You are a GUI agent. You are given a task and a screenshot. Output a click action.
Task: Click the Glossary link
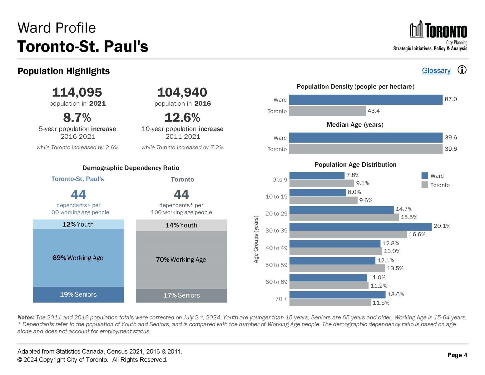[436, 71]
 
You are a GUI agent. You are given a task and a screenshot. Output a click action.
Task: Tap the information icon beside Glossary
[462, 70]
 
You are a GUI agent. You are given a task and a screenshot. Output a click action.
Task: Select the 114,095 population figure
[77, 92]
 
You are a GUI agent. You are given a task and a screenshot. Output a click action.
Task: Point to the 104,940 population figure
[182, 92]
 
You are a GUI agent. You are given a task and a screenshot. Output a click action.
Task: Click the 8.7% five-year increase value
[77, 117]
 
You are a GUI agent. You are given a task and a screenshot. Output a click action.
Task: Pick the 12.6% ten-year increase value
[182, 117]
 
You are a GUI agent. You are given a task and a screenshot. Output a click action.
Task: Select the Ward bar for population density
[365, 100]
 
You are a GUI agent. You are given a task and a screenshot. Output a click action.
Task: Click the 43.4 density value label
[374, 111]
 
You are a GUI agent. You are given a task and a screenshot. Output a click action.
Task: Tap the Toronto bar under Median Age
[365, 149]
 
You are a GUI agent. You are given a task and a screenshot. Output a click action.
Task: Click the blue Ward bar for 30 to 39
[360, 227]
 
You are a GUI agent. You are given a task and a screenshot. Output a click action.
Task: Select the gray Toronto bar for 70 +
[330, 302]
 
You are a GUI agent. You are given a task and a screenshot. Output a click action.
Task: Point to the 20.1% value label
[442, 226]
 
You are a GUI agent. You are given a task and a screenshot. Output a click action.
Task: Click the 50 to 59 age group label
[276, 265]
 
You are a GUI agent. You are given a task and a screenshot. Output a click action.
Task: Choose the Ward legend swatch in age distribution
[424, 176]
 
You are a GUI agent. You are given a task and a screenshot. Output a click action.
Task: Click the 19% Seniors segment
[78, 294]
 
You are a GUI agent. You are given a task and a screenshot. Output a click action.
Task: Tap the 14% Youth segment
[181, 225]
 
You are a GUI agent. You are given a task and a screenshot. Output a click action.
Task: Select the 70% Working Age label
[181, 260]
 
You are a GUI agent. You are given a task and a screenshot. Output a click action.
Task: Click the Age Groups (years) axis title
[256, 239]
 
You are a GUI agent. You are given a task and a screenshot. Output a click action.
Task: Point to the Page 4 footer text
[457, 355]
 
